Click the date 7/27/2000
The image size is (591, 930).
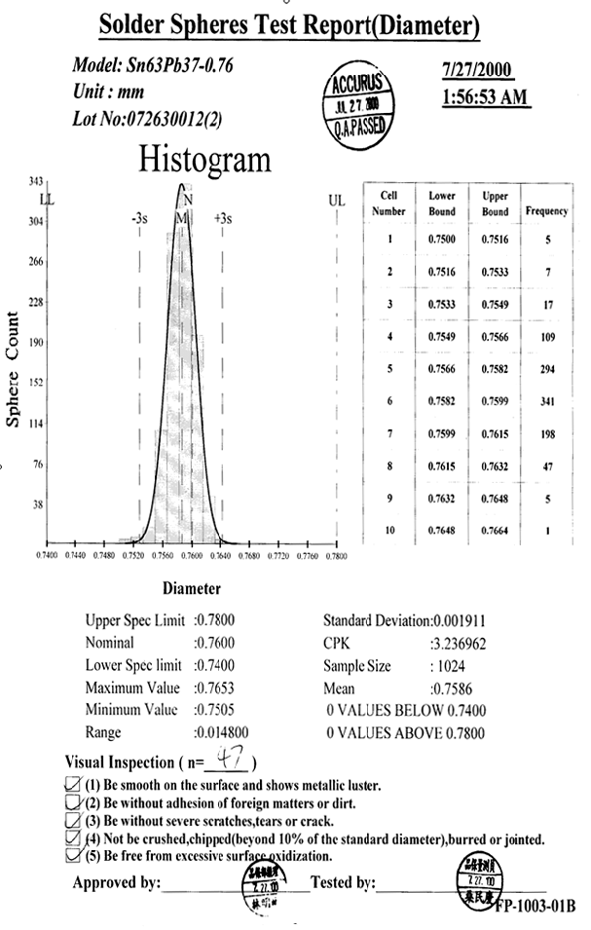477,71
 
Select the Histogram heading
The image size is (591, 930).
205,158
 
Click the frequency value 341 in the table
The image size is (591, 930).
546,401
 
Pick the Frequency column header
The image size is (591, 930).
546,210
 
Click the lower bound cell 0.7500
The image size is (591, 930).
442,239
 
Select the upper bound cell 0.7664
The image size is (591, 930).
495,531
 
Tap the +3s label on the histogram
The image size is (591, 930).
222,219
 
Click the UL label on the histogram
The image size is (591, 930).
337,201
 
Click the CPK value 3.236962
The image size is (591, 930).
463,644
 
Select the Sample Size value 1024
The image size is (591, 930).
451,667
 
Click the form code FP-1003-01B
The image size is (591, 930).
535,906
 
